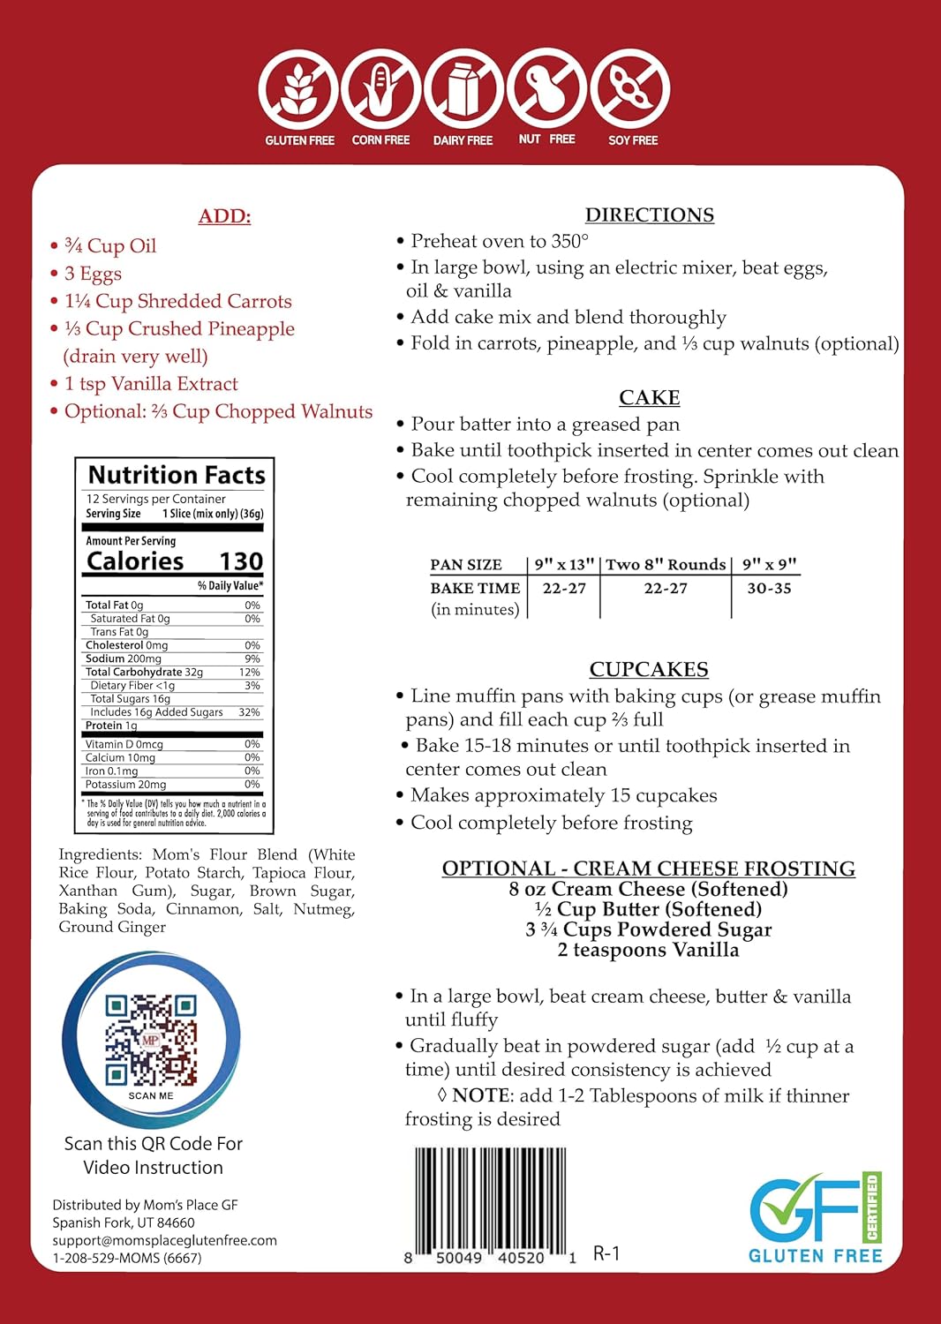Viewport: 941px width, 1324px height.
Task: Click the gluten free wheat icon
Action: pyautogui.click(x=298, y=89)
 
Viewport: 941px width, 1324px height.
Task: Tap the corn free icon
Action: pyautogui.click(x=380, y=89)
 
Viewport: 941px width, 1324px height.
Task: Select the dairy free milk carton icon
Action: pyautogui.click(x=463, y=89)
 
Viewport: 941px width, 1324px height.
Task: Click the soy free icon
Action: pyautogui.click(x=630, y=89)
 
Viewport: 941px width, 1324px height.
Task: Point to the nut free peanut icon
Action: pyautogui.click(x=546, y=88)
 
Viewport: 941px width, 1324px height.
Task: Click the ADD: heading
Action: pyautogui.click(x=224, y=216)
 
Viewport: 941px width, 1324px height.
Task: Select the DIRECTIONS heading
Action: pyautogui.click(x=650, y=214)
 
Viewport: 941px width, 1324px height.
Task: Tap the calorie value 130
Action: pyautogui.click(x=241, y=561)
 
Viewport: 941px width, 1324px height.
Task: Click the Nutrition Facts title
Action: pyautogui.click(x=177, y=475)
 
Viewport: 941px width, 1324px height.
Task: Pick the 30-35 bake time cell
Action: pyautogui.click(x=769, y=588)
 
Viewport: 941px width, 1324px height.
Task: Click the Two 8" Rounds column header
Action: pyautogui.click(x=666, y=564)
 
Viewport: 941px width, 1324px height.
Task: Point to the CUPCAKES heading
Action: pyautogui.click(x=649, y=669)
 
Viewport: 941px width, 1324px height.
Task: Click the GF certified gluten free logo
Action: pyautogui.click(x=815, y=1218)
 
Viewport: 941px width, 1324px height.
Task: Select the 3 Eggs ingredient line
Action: pyautogui.click(x=93, y=274)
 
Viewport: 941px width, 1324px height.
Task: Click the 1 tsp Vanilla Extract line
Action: pyautogui.click(x=151, y=384)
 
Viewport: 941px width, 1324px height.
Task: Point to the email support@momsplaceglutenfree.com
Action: pyautogui.click(x=164, y=1240)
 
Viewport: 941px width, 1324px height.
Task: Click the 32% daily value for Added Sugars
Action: pyautogui.click(x=250, y=712)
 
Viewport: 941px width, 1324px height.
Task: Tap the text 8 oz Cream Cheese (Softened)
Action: pyautogui.click(x=648, y=889)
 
